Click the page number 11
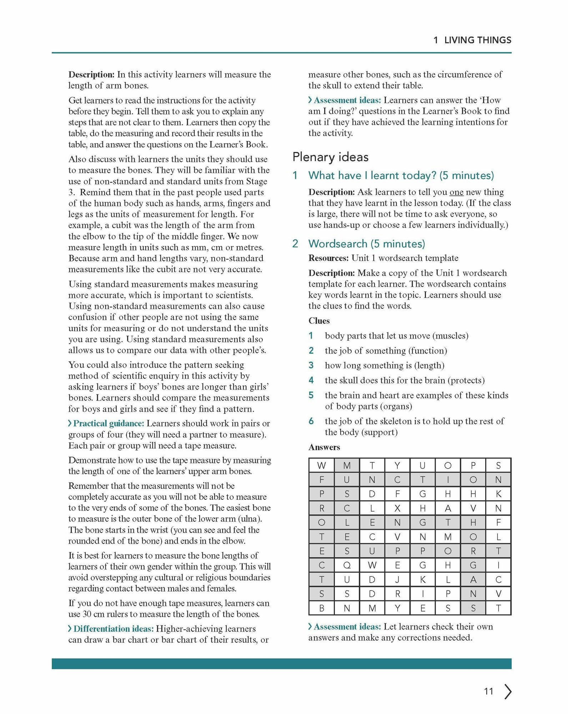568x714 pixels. [488, 692]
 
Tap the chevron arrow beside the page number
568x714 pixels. [508, 692]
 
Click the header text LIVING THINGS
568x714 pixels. [477, 40]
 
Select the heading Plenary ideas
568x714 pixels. [330, 157]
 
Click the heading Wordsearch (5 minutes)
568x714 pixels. [367, 244]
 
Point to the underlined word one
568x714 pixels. [456, 192]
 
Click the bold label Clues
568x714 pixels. [319, 321]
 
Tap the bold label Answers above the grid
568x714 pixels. [324, 447]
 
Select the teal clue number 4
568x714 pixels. [311, 380]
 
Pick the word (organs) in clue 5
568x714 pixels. [396, 406]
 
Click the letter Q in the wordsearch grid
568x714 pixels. [347, 565]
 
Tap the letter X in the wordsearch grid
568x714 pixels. [397, 508]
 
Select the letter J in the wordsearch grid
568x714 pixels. [397, 579]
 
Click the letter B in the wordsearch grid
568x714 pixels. [322, 608]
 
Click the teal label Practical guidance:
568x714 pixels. [108, 423]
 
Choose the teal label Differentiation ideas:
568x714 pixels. [113, 629]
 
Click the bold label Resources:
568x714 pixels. [328, 258]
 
